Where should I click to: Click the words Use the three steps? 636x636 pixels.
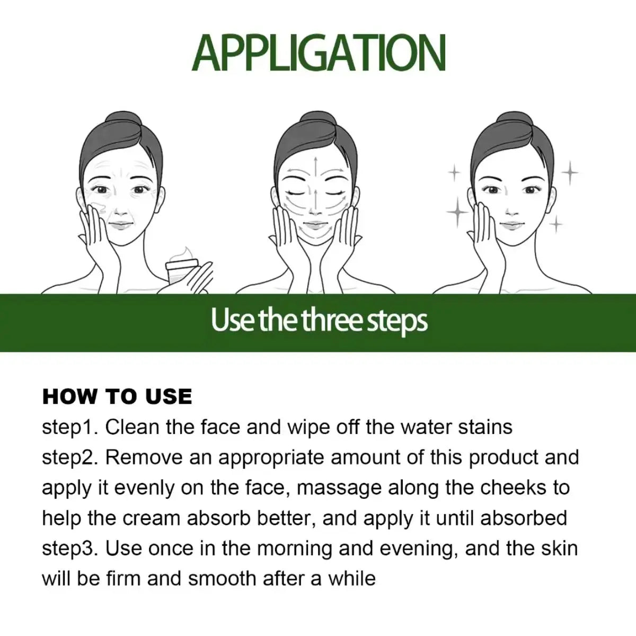point(319,321)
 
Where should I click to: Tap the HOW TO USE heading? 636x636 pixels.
point(117,396)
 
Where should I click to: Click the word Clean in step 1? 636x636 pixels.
point(132,427)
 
